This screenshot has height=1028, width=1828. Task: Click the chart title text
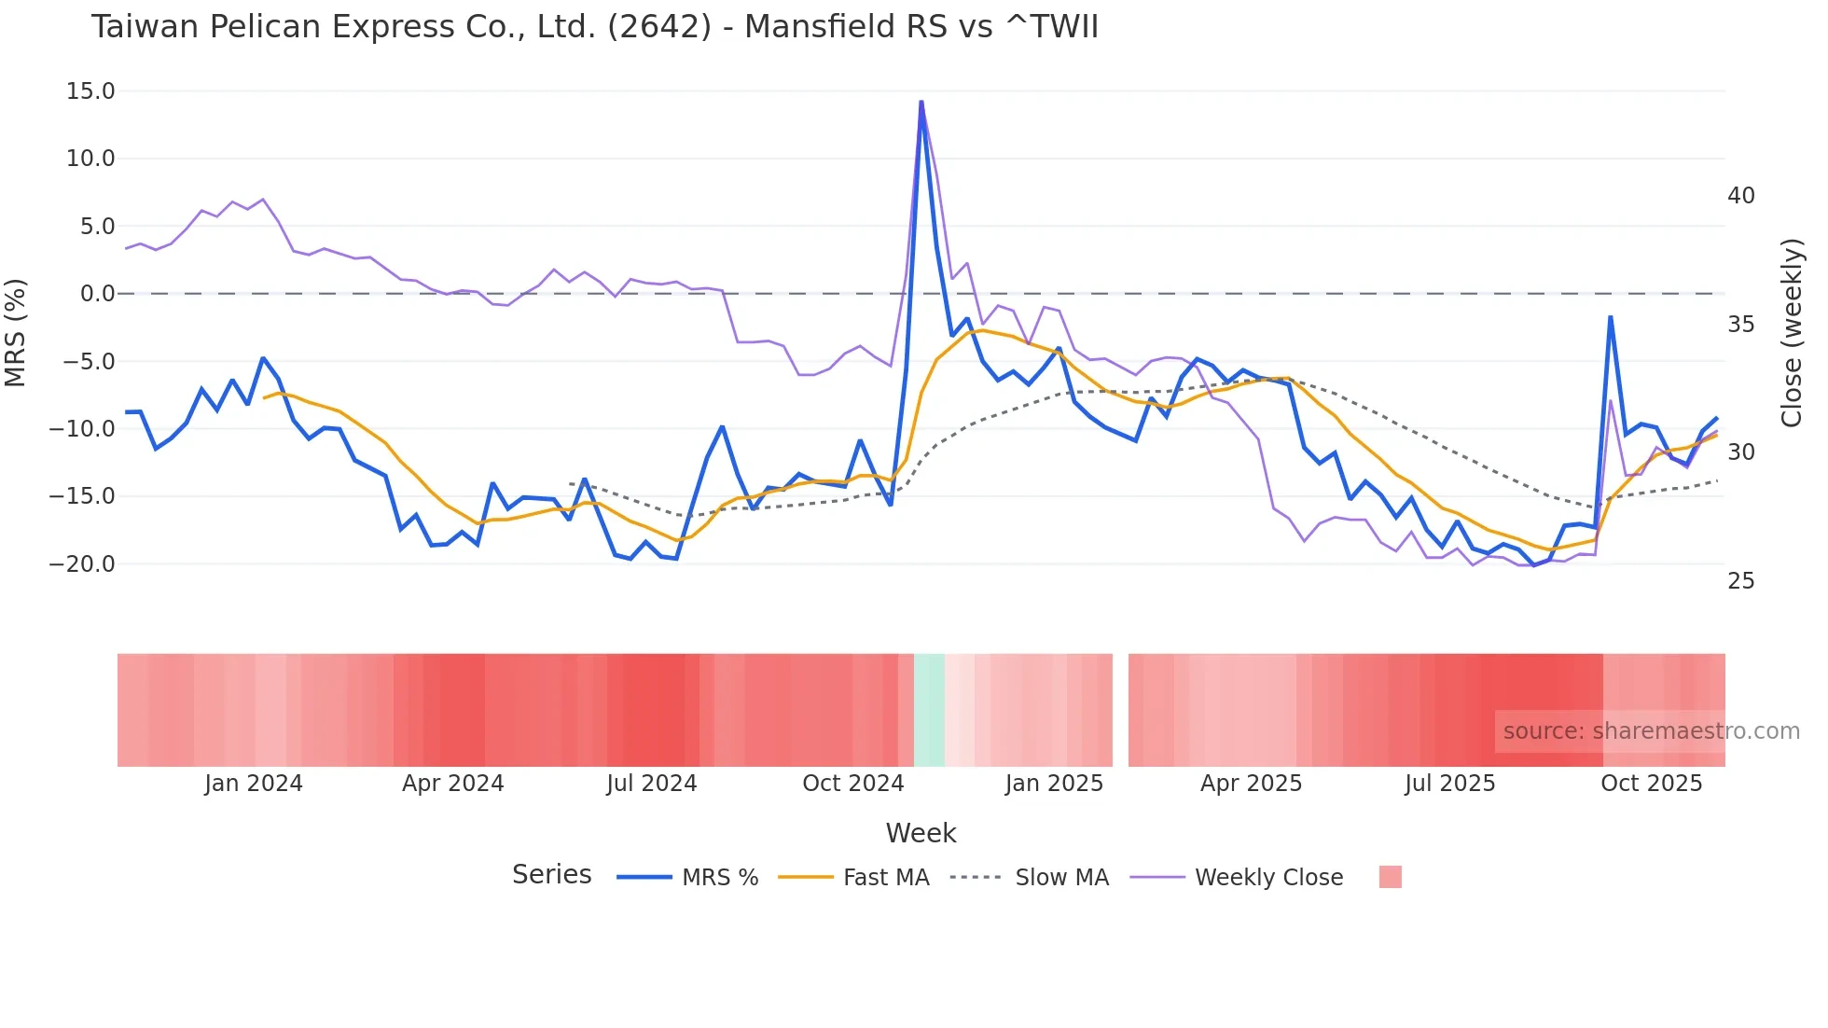(594, 27)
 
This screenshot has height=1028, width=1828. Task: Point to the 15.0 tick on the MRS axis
(90, 91)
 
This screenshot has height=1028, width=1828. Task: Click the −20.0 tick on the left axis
(82, 564)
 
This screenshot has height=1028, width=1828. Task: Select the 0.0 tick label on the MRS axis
(97, 294)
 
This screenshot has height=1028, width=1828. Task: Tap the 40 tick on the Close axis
(1740, 196)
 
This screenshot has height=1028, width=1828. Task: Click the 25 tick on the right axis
(1740, 581)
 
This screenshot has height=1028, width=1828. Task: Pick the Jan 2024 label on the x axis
(254, 784)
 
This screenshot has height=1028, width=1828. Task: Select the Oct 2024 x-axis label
(852, 784)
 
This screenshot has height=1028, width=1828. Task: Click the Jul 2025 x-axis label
(1449, 784)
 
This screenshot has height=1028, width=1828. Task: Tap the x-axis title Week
(921, 833)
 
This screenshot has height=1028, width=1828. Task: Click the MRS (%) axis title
(16, 333)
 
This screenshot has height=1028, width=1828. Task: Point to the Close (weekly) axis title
(1792, 333)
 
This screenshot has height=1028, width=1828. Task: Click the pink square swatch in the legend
(1390, 877)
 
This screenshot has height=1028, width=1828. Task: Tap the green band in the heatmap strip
(929, 710)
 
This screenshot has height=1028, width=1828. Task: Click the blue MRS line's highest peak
(921, 103)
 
